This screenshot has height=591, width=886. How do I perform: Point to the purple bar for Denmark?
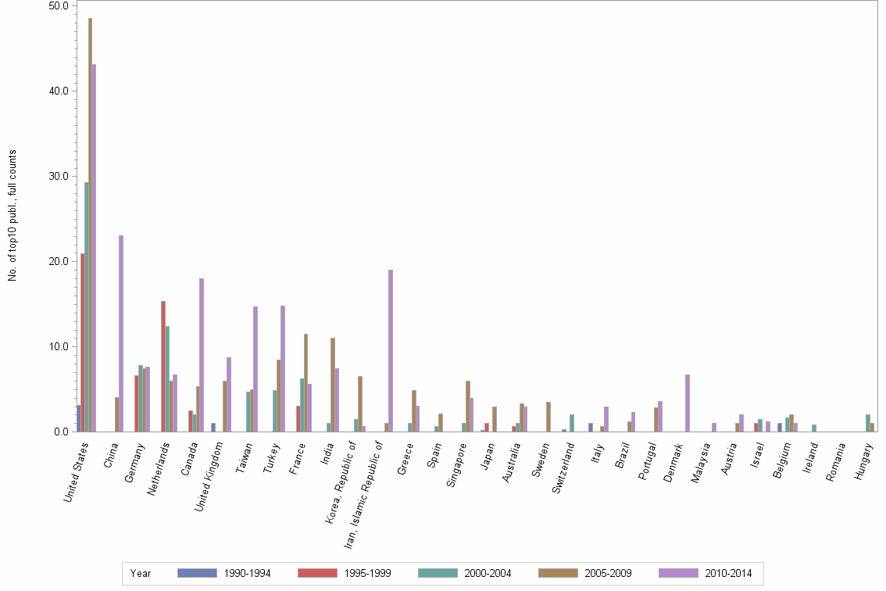[x=688, y=403]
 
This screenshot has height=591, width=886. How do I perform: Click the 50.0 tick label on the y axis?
[x=59, y=5]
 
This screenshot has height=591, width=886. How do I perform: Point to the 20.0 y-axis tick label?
[x=59, y=261]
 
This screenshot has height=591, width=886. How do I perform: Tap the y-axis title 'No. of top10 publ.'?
[x=13, y=215]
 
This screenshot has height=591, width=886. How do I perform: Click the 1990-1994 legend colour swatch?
[x=197, y=573]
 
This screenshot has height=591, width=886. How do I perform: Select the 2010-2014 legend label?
[x=729, y=574]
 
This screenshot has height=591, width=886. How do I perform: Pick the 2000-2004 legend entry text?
[x=488, y=574]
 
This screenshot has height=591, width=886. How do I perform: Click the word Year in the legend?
[x=141, y=574]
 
